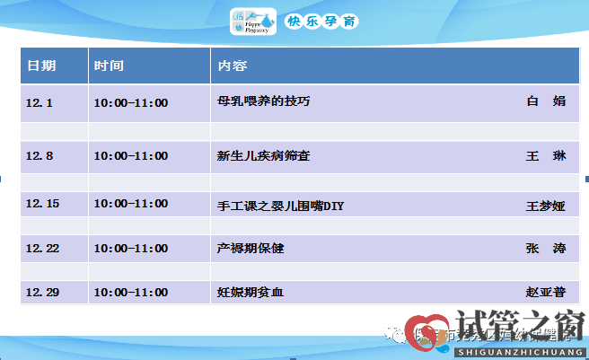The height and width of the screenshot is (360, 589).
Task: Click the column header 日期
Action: click(41, 66)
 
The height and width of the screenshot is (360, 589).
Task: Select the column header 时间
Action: click(109, 66)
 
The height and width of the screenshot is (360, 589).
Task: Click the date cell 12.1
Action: click(40, 102)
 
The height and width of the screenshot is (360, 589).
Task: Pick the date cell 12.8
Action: click(40, 155)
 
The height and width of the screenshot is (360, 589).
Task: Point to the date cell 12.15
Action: click(42, 205)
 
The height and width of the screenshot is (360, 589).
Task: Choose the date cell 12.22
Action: click(42, 248)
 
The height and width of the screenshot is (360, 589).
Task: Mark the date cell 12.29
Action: click(42, 292)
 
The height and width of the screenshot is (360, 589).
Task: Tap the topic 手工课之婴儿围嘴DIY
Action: click(280, 206)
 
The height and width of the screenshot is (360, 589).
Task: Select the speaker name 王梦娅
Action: click(545, 206)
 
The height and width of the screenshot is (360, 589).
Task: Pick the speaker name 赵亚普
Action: click(545, 292)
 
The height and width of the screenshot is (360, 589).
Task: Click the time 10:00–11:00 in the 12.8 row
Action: click(130, 155)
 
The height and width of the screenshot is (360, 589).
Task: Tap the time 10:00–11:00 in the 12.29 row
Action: click(130, 292)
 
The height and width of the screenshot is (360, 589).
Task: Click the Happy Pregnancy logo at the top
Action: click(253, 21)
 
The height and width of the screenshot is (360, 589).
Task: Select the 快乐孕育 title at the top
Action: click(321, 21)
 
